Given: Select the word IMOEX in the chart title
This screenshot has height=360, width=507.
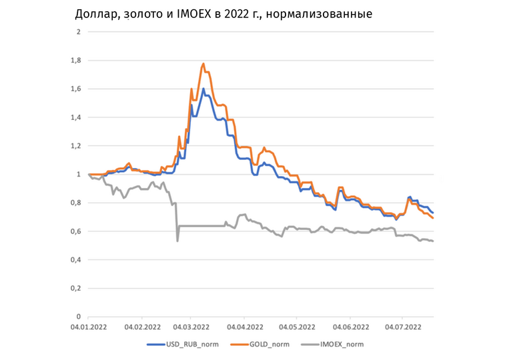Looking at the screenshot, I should [x=197, y=13].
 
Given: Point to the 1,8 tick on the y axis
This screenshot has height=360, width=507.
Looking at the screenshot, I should [x=76, y=61].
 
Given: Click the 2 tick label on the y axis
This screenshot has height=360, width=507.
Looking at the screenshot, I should [x=78, y=32].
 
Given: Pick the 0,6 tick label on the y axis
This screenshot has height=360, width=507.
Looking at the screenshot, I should [x=76, y=231].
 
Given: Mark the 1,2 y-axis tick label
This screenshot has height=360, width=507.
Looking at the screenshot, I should [x=76, y=146].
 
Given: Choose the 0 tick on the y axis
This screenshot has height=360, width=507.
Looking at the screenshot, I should [x=78, y=317].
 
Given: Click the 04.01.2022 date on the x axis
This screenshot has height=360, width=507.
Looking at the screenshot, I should [x=89, y=327].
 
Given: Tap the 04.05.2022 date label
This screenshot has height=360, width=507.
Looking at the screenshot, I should [x=298, y=327].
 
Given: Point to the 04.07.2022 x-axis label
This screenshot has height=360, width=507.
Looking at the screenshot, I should [x=402, y=327].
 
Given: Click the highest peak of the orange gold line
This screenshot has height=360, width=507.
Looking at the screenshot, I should [x=203, y=63].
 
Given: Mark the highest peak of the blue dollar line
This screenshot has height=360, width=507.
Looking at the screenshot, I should [x=203, y=88].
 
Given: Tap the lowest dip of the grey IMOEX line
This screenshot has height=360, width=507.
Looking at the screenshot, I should [x=177, y=241].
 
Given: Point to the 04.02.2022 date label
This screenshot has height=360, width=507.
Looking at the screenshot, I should [x=141, y=327].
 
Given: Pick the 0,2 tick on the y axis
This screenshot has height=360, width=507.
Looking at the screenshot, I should [x=76, y=289].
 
